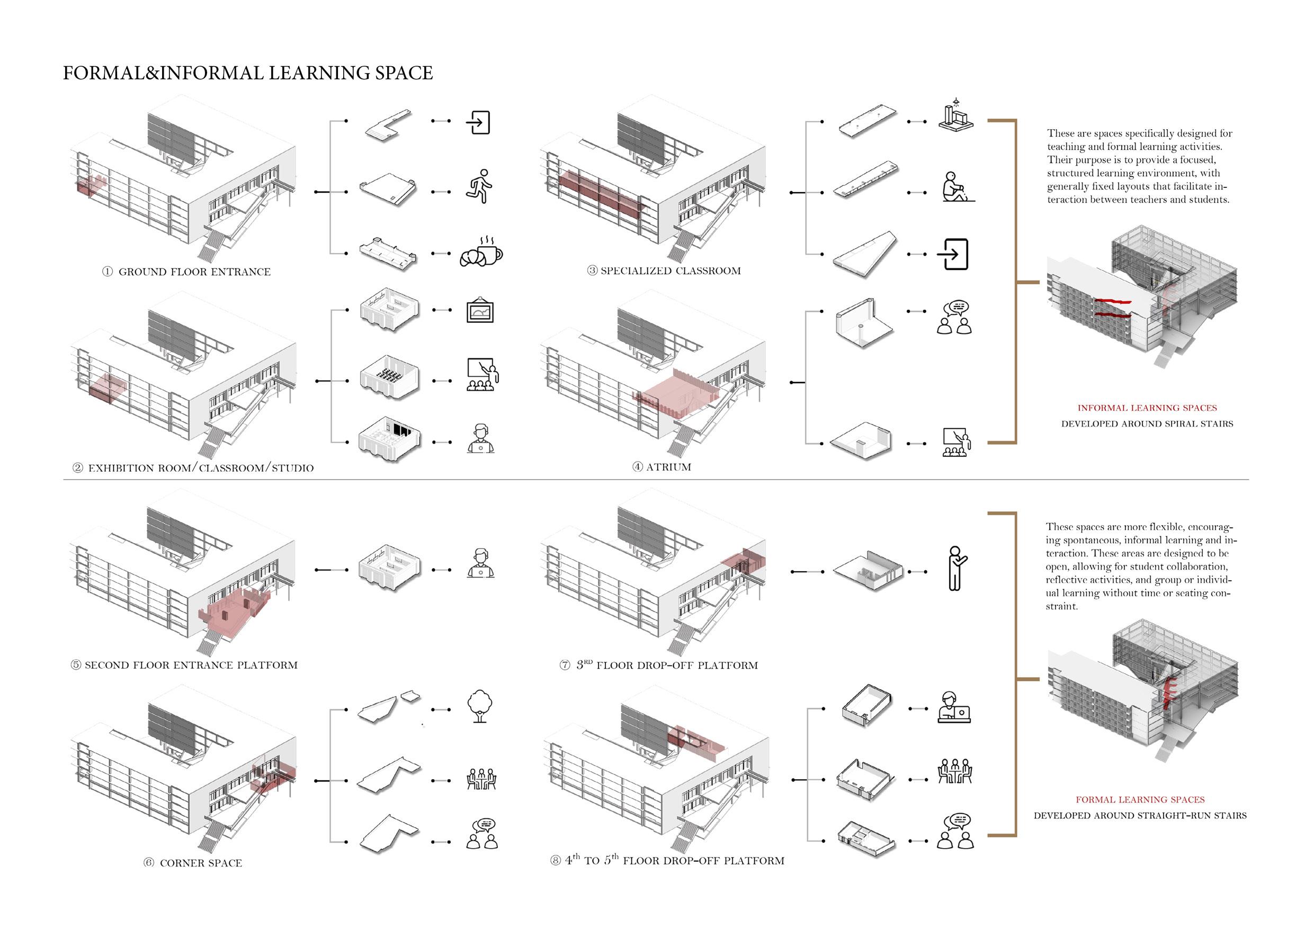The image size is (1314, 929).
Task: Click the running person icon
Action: pos(479,186)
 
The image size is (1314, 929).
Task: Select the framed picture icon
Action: pos(480,311)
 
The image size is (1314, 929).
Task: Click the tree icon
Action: pos(480,707)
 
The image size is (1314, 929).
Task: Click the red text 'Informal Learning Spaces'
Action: pos(1147,408)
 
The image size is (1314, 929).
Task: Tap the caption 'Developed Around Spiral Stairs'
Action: pos(1147,424)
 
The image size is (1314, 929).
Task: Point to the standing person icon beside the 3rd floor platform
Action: pos(955,568)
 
